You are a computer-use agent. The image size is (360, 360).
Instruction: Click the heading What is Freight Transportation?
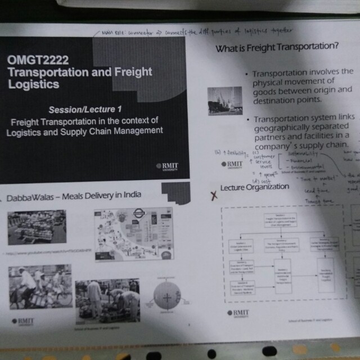[277, 48]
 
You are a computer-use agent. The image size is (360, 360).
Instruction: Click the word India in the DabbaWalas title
[130, 195]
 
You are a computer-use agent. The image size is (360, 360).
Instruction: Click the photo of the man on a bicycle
[39, 287]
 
